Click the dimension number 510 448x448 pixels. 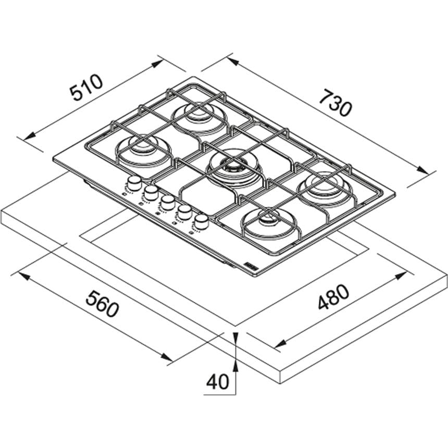click(88, 88)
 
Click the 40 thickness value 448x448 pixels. click(218, 382)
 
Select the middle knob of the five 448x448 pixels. click(167, 202)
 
